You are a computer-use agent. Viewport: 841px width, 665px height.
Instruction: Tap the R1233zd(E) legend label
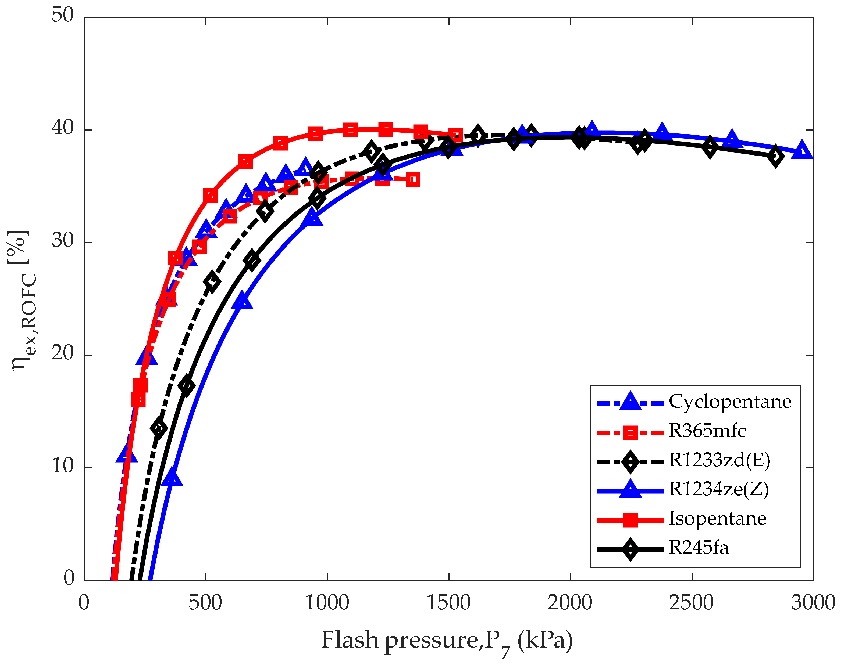tap(719, 460)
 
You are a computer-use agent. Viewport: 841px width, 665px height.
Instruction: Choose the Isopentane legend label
tap(718, 519)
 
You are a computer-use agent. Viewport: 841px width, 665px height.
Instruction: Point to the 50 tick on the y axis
tap(62, 16)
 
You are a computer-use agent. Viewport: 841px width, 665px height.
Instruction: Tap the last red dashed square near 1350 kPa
tap(413, 180)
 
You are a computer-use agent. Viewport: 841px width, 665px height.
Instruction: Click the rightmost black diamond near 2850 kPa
tap(775, 157)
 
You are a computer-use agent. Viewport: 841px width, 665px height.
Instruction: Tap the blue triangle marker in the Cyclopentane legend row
tap(630, 403)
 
